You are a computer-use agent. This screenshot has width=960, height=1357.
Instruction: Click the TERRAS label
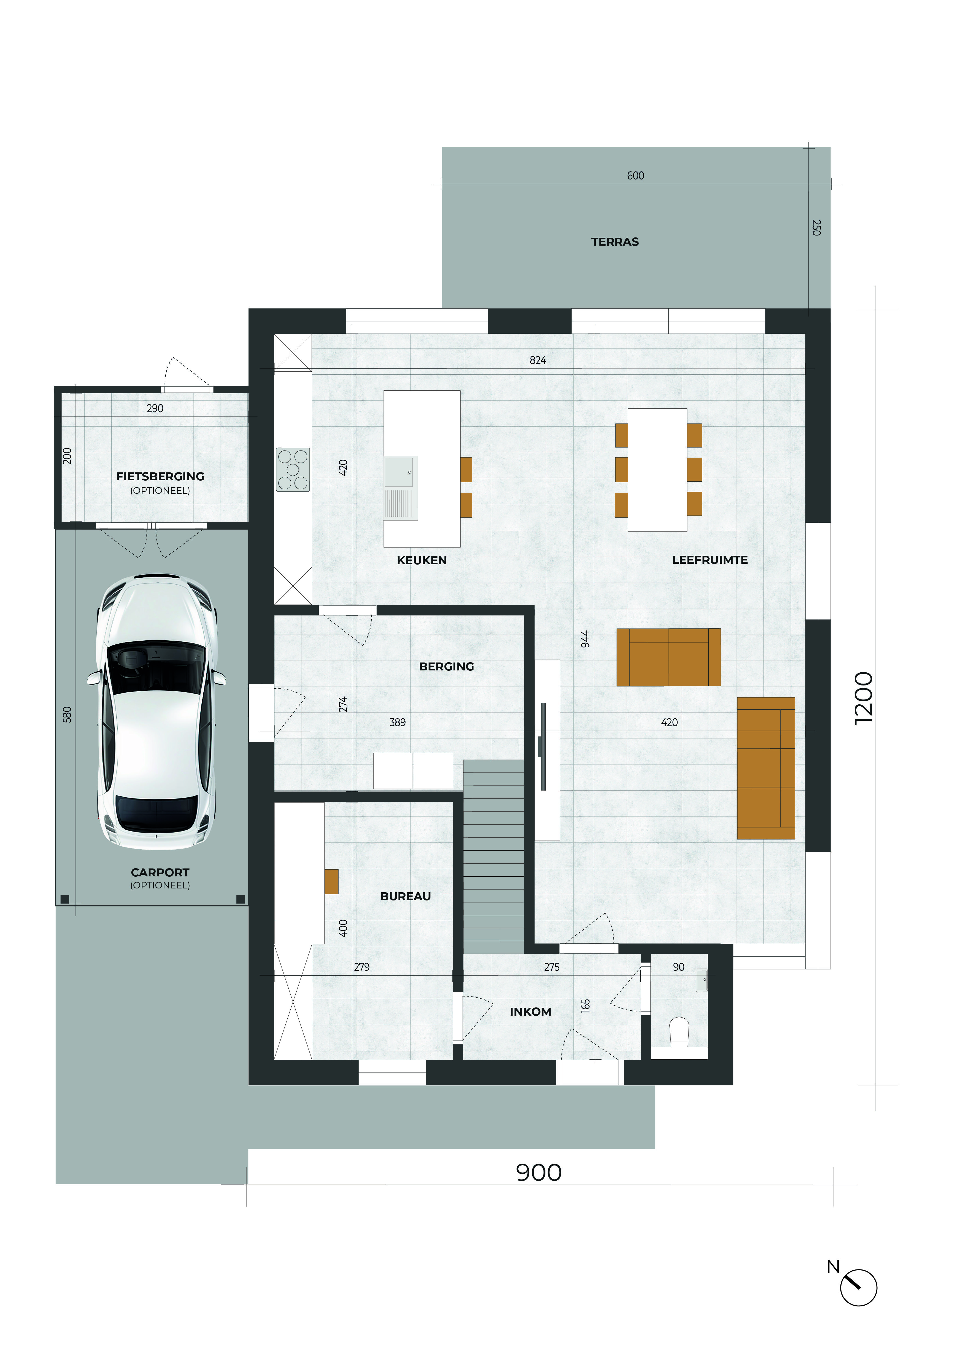(615, 242)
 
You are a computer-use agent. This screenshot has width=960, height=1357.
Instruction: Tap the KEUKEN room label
(421, 560)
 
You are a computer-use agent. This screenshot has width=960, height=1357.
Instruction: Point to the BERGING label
(446, 667)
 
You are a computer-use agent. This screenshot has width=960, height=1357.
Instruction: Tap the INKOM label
(530, 1012)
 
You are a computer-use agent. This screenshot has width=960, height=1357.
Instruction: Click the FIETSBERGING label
(160, 476)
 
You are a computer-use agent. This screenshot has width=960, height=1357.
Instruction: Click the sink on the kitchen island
(401, 488)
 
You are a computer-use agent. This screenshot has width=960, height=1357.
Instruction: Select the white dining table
(657, 470)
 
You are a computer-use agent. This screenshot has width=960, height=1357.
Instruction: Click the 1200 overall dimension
(864, 698)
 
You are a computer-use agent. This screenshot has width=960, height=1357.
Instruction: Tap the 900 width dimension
(539, 1173)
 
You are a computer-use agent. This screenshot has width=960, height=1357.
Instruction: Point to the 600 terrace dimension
(635, 176)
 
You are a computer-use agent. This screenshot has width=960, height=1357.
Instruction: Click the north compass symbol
(858, 1287)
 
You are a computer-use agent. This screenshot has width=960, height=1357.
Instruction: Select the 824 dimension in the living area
(538, 361)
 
